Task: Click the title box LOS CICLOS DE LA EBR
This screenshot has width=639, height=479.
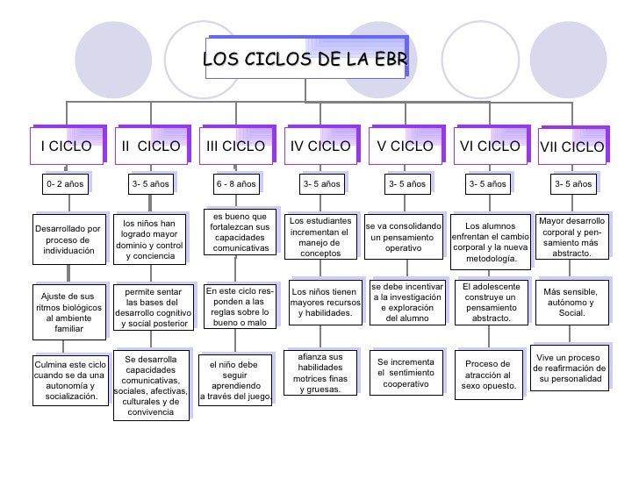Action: tap(305, 59)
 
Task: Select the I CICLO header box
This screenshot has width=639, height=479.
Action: tap(66, 147)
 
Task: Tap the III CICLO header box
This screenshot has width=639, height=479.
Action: tap(235, 147)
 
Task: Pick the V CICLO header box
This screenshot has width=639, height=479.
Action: tap(405, 147)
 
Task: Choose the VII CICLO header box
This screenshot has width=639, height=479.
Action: tap(571, 147)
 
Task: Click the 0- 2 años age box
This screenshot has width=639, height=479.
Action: tap(66, 184)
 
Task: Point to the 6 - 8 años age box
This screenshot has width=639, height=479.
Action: tap(235, 184)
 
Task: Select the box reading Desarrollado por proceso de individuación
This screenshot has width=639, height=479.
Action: tap(68, 239)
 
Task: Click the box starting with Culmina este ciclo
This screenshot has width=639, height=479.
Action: tap(68, 380)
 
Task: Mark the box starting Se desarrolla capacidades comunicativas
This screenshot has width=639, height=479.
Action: tap(151, 386)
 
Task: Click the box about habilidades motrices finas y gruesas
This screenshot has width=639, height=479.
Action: tap(319, 374)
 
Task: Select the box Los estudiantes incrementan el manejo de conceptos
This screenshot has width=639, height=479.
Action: tap(319, 237)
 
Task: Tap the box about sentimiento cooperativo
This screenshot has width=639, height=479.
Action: tap(405, 374)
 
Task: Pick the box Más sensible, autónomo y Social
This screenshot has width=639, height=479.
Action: tap(571, 303)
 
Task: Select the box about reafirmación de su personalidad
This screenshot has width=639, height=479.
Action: tap(571, 368)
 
